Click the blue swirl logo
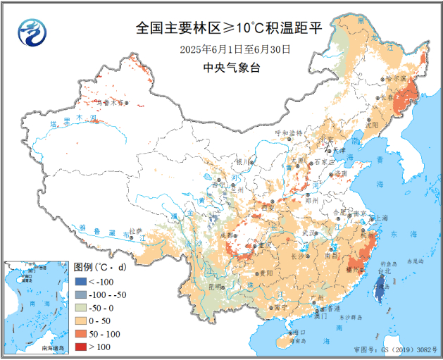(31, 31)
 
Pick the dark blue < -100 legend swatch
(80, 283)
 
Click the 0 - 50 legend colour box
(80, 321)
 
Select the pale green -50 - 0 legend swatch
(80, 308)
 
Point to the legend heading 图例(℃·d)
(101, 268)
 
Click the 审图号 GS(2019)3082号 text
(394, 349)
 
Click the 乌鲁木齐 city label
(113, 103)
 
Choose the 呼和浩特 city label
(287, 132)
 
